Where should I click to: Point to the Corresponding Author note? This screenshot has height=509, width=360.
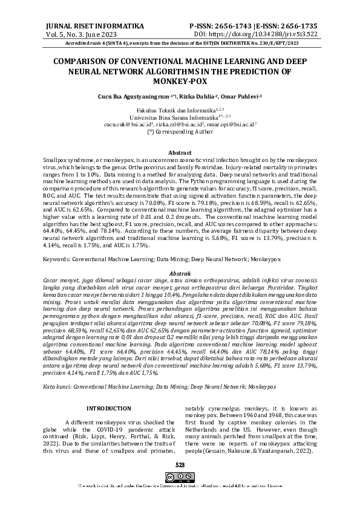180,130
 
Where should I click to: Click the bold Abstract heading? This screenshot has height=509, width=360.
180,153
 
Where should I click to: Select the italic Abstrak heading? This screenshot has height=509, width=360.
180,274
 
